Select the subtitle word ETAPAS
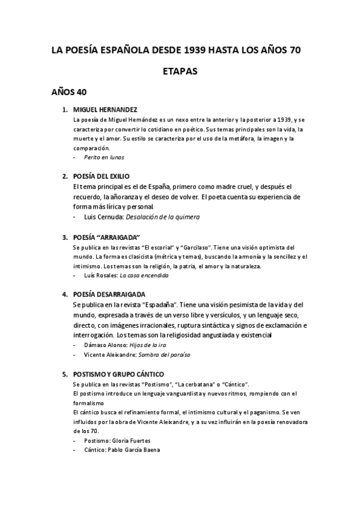coord(180,72)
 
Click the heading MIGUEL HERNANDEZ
coord(105,110)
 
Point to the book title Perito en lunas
coord(105,157)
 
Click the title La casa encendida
coord(144,275)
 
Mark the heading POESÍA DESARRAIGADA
coord(109,295)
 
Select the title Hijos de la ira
coord(148,345)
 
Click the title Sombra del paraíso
coord(159,355)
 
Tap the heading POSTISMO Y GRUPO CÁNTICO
coord(118,374)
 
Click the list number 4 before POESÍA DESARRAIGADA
coord(64,295)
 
